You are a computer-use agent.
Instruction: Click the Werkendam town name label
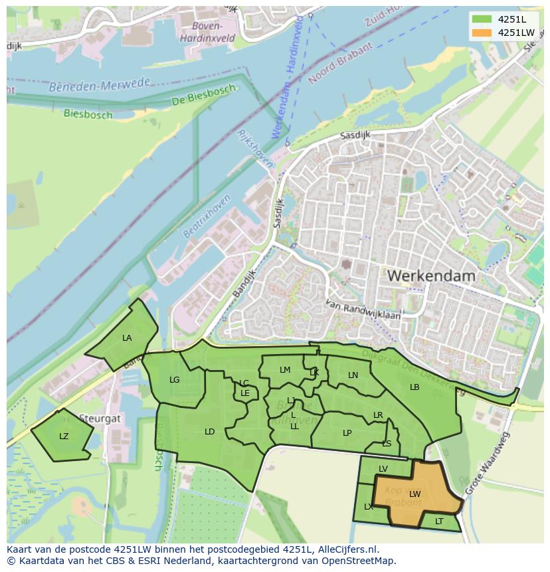point(431,275)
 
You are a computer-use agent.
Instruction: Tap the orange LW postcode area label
point(415,494)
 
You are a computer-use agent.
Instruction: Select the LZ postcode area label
point(64,436)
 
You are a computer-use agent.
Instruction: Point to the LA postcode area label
point(127,338)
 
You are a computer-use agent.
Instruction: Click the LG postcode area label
point(175,380)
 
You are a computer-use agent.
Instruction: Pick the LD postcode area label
point(210,432)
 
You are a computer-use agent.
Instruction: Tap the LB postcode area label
point(414,387)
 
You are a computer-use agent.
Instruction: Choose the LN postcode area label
point(353,375)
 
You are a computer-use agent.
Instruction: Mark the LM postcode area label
point(285,370)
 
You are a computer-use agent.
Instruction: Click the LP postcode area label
point(347,433)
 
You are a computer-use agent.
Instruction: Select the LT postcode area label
point(439,522)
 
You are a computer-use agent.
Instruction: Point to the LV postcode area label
point(383,469)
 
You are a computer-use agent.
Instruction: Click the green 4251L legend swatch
point(482,19)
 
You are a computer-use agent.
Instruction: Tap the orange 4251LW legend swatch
point(482,33)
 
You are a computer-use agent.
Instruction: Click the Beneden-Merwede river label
point(100,86)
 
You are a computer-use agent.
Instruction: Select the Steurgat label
point(100,419)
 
